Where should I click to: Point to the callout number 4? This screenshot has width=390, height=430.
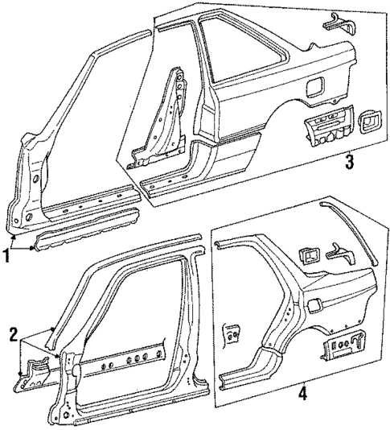click(x=302, y=395)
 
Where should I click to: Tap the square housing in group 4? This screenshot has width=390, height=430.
click(x=309, y=257)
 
